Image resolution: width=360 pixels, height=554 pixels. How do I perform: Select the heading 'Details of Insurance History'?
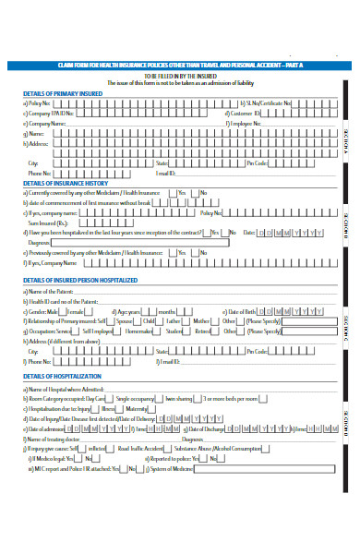pyautogui.click(x=60, y=183)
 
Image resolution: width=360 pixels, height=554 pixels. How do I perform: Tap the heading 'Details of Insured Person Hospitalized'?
pyautogui.click(x=79, y=279)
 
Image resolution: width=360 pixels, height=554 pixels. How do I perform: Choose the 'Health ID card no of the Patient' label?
pyautogui.click(x=59, y=302)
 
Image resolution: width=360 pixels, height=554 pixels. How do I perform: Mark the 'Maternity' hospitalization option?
pyautogui.click(x=137, y=408)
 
